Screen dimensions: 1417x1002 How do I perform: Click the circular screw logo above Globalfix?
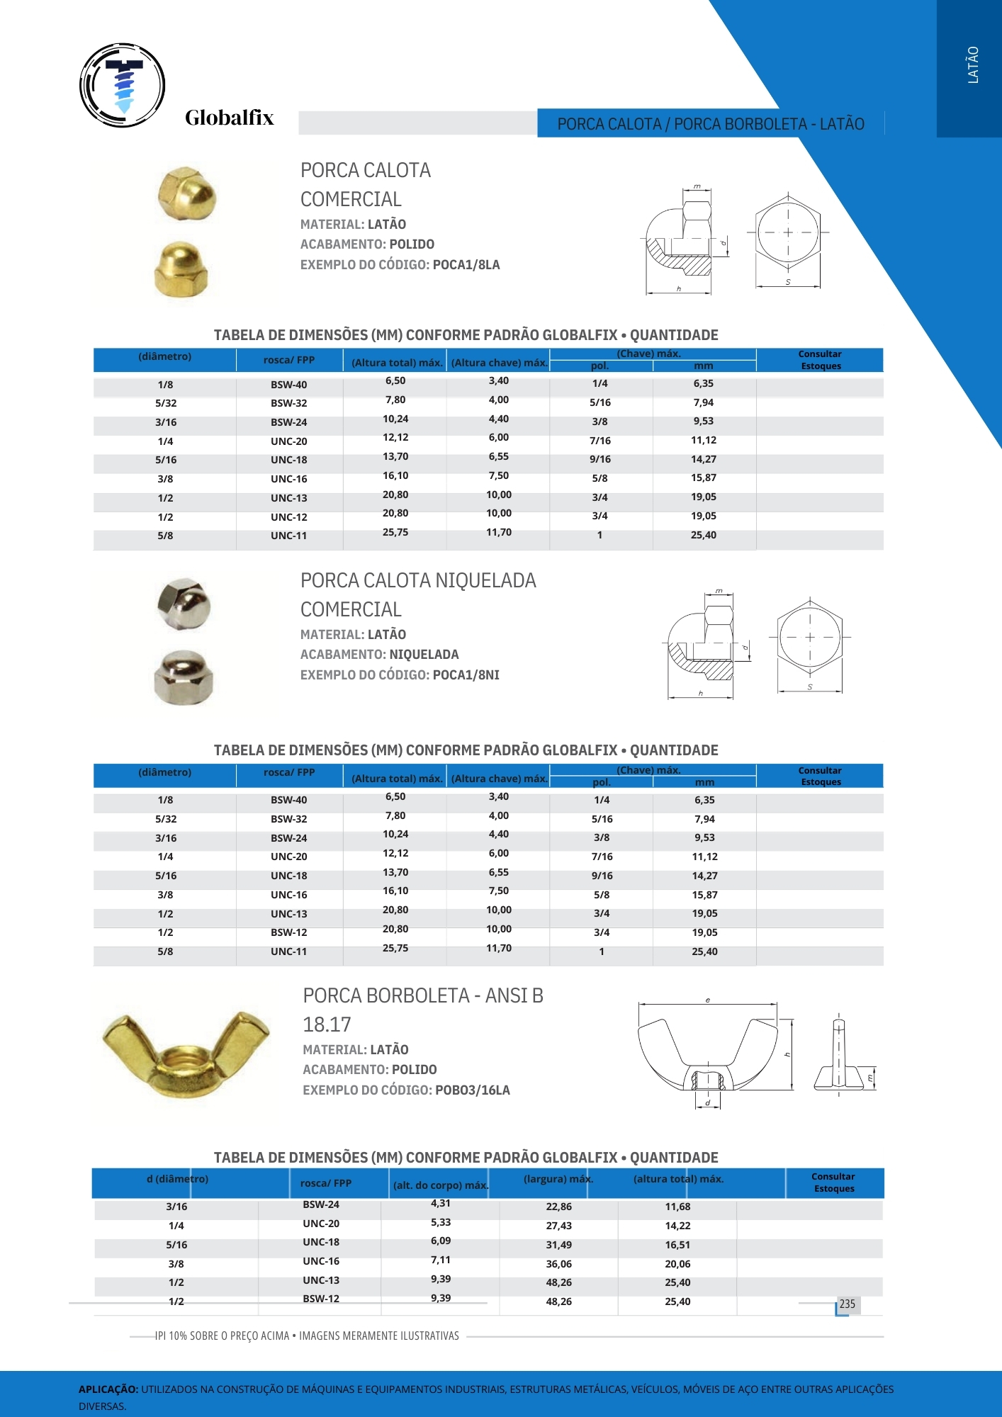(123, 85)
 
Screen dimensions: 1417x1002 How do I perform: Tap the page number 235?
(848, 1304)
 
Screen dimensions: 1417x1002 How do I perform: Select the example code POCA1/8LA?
(466, 265)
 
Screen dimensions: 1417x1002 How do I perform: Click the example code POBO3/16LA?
(472, 1090)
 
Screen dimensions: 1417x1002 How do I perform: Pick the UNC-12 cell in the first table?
(288, 517)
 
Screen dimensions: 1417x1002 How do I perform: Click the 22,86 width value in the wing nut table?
(558, 1207)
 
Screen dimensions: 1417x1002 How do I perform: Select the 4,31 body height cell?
(440, 1203)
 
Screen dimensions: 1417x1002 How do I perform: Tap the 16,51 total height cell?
(677, 1245)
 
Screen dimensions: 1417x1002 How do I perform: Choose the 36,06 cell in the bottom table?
(558, 1264)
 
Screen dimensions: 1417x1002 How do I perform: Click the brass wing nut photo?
(186, 1054)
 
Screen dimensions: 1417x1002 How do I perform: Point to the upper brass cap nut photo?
(186, 193)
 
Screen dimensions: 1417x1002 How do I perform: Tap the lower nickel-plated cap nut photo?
(184, 678)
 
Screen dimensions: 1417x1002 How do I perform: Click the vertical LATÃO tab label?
(973, 65)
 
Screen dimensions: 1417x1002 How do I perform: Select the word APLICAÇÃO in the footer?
(108, 1389)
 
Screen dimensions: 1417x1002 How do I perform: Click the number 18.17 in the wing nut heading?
(327, 1024)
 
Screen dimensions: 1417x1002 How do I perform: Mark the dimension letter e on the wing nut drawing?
(707, 1000)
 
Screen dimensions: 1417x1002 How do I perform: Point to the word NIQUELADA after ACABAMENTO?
(424, 655)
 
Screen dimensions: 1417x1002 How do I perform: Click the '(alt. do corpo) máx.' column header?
(440, 1185)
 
